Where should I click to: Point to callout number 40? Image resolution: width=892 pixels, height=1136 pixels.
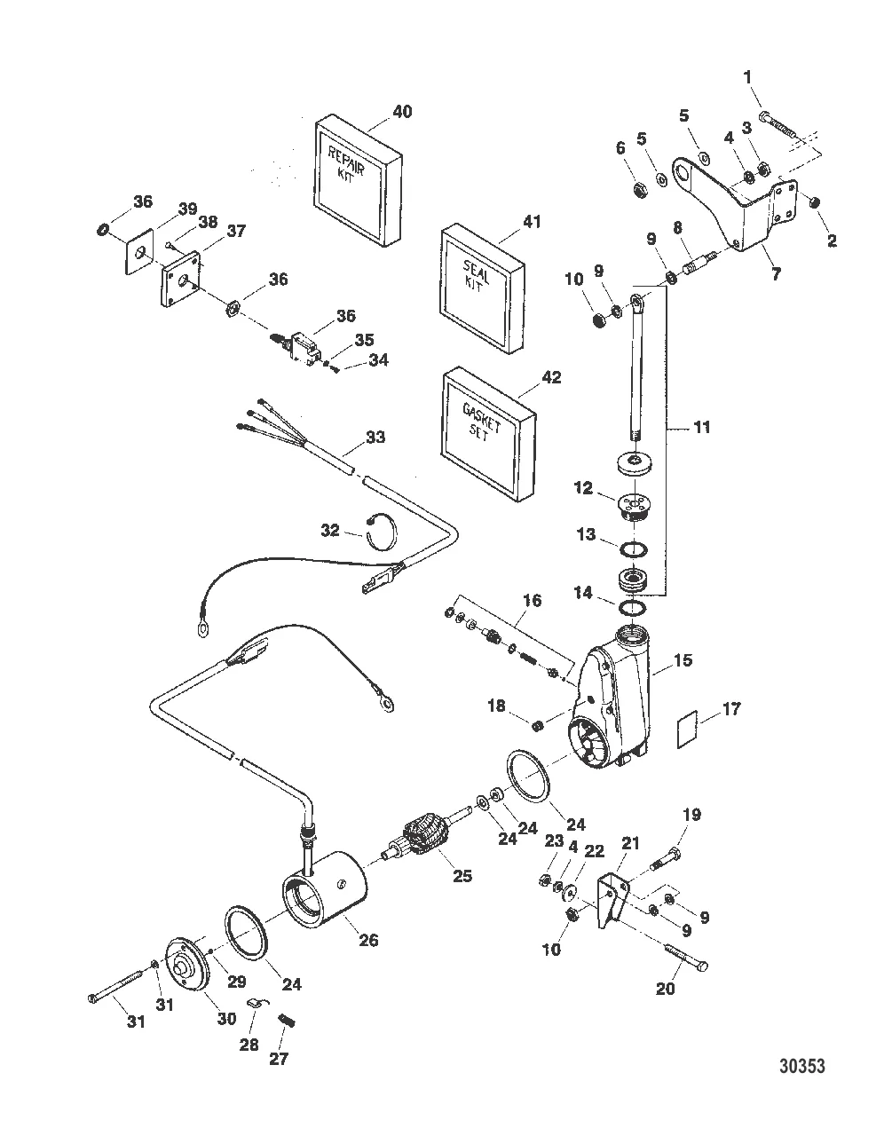[402, 112]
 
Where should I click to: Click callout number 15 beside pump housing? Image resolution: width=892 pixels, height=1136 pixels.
[683, 661]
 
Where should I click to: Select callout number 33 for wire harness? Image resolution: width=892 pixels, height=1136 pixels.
[375, 437]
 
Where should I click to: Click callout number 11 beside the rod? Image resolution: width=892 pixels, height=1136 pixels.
[702, 428]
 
